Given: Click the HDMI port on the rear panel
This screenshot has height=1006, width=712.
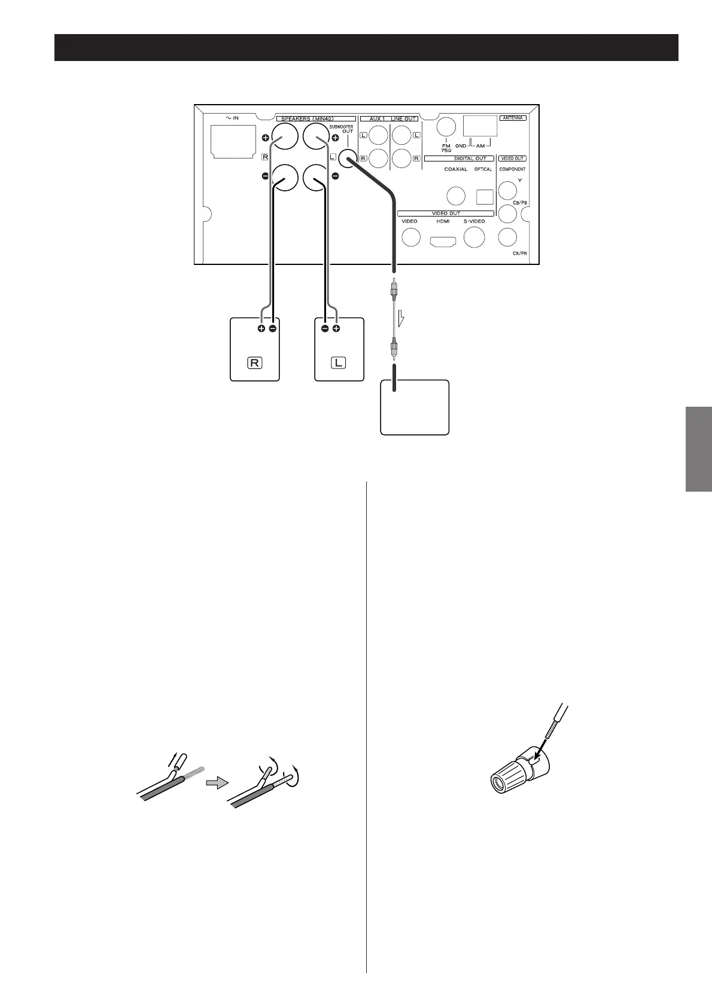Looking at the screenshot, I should [443, 241].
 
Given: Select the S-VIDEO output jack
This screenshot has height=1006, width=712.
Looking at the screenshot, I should [474, 237].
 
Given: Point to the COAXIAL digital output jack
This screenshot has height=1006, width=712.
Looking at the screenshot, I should [457, 196].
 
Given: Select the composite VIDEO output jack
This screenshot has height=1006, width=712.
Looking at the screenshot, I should [410, 237].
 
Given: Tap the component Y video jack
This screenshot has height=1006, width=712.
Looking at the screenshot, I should [507, 191].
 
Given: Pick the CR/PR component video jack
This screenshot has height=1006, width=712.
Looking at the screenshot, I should [507, 237].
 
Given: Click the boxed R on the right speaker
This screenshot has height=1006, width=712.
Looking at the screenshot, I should [255, 363].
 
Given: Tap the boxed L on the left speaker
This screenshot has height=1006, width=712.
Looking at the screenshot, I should [339, 363].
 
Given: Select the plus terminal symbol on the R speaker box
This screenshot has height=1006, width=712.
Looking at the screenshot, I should [261, 329].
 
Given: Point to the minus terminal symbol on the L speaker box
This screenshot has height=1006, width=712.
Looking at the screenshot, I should [325, 329].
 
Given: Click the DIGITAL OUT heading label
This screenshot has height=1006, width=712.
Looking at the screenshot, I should [470, 158].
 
